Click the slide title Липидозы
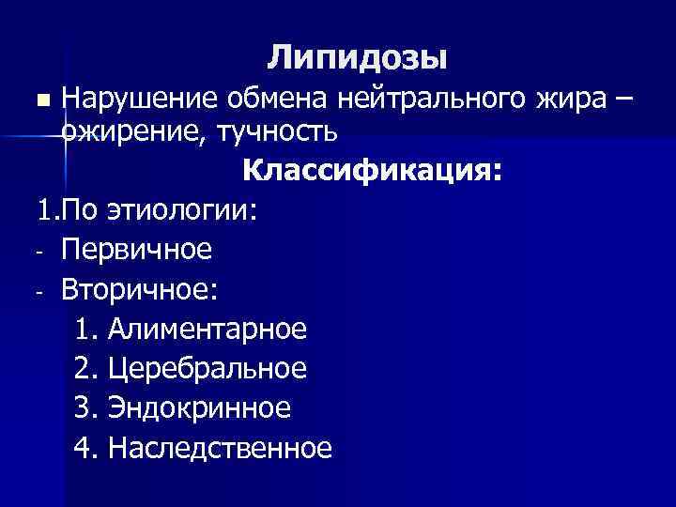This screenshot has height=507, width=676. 358,58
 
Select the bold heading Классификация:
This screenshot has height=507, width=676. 372,172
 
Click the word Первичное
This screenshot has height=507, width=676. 137,250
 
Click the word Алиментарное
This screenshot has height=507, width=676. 207,329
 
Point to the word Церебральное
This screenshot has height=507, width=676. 207,368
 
